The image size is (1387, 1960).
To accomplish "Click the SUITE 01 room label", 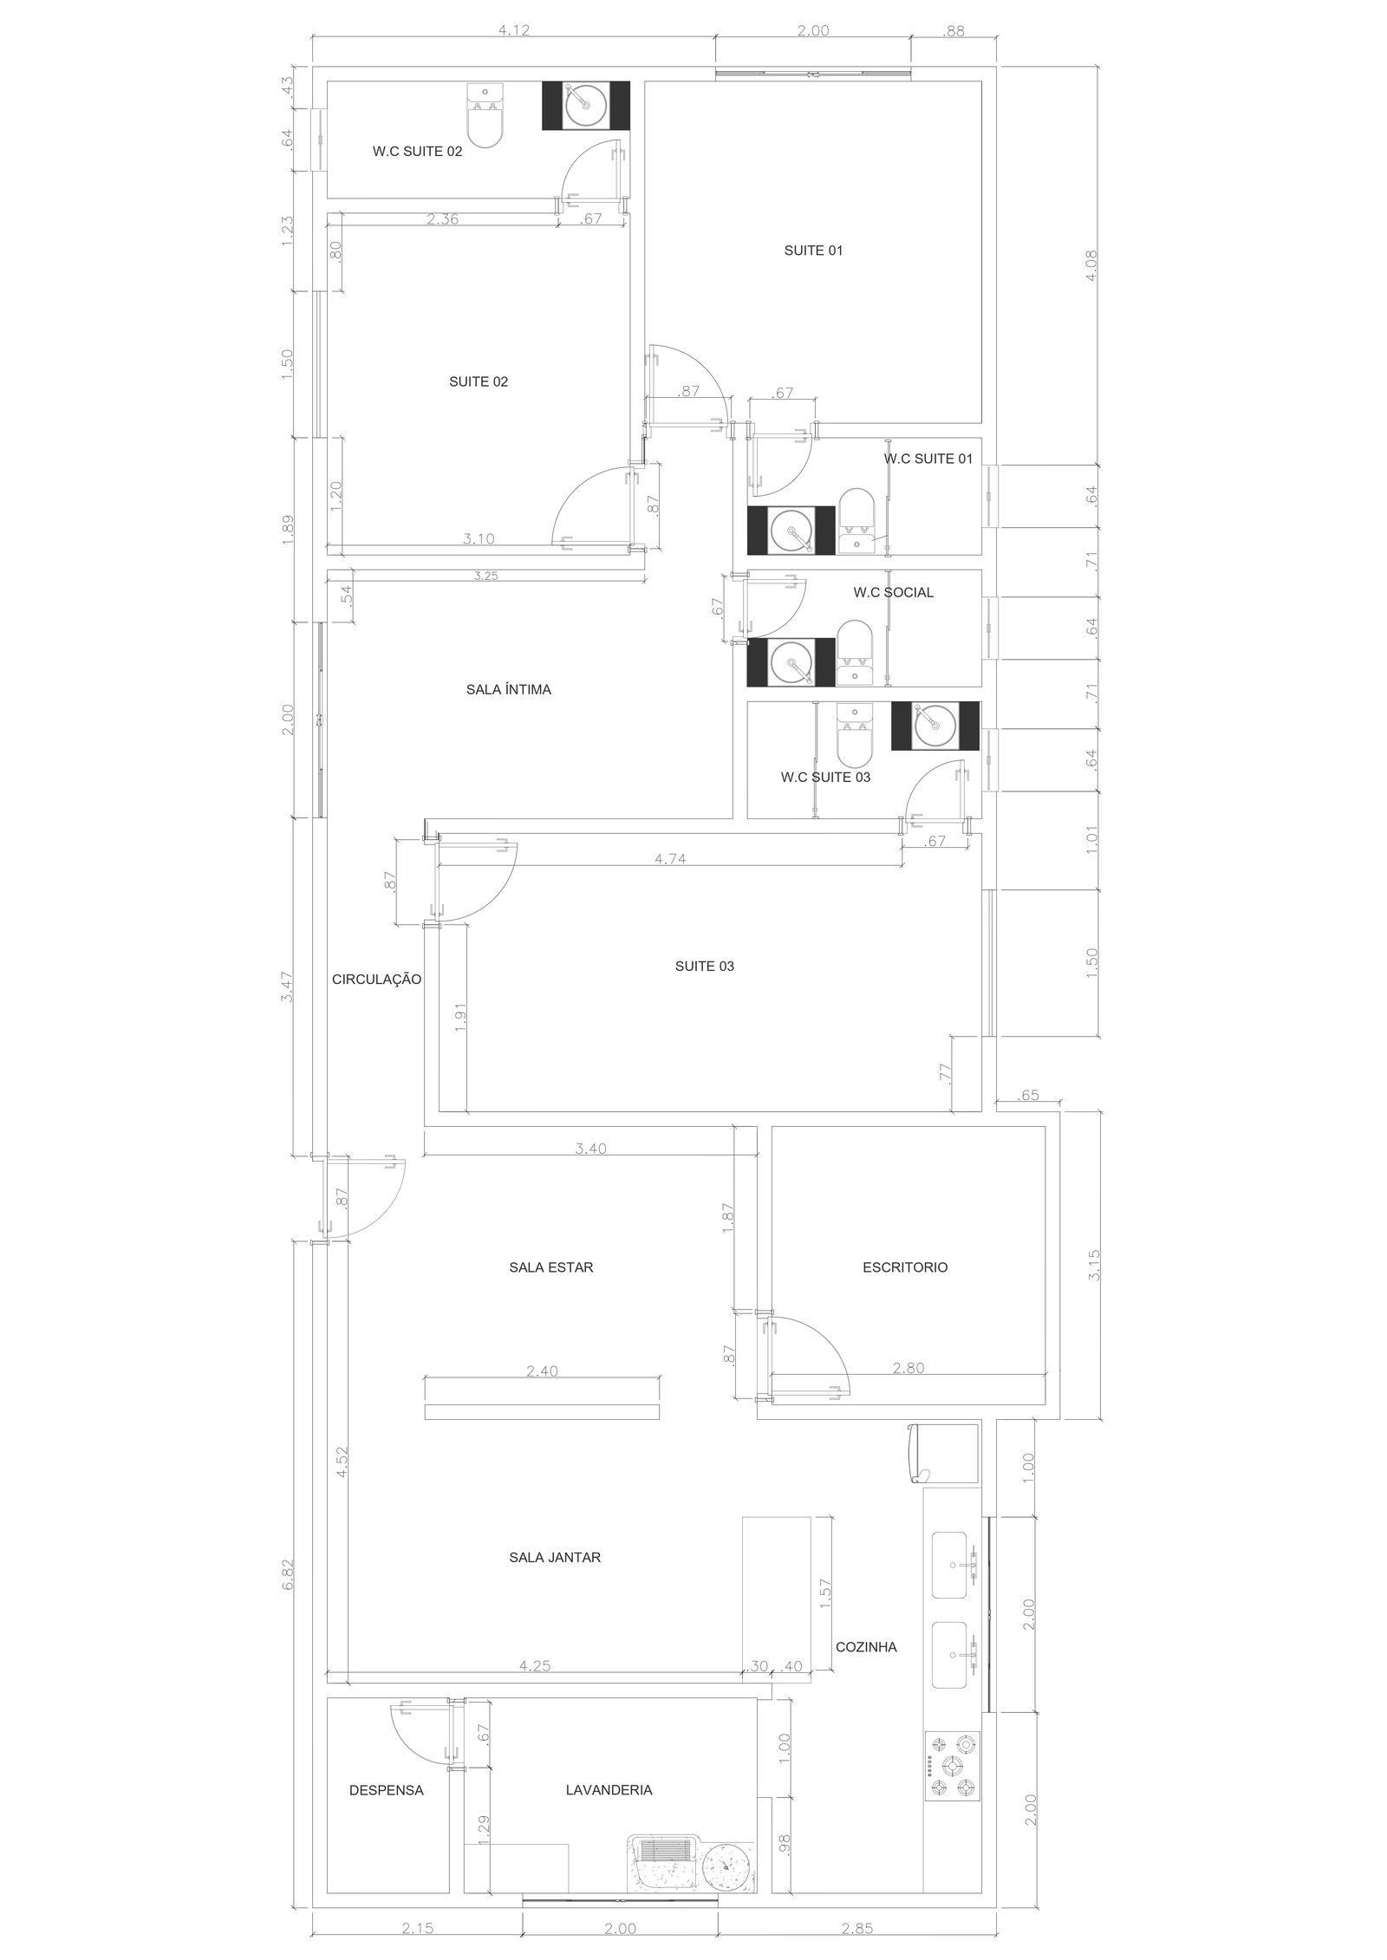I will [x=813, y=251].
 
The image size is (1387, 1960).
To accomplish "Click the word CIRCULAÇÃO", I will [x=376, y=980].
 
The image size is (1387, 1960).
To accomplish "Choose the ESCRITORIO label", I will [x=905, y=1267].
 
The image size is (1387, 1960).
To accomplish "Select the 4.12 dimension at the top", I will [x=513, y=30].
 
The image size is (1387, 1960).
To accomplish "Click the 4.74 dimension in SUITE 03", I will [x=670, y=859].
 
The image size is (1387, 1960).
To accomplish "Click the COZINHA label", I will [x=866, y=1647].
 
